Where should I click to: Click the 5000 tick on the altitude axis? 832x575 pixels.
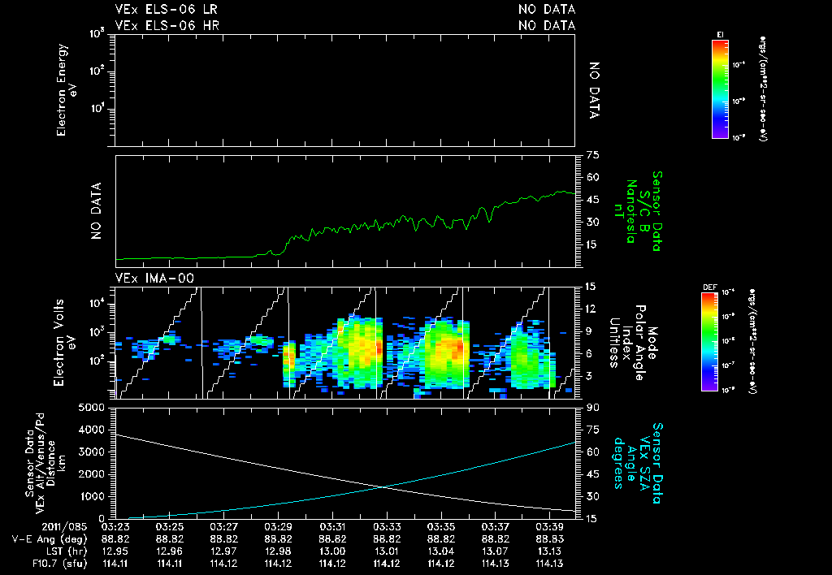(x=93, y=407)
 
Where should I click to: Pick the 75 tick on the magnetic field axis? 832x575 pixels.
(x=591, y=155)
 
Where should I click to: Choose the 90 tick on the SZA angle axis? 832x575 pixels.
(x=591, y=407)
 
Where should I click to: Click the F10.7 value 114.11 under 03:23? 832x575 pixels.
(x=116, y=563)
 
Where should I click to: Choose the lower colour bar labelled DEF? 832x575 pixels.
(x=709, y=342)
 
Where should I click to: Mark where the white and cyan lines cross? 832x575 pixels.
(x=383, y=486)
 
